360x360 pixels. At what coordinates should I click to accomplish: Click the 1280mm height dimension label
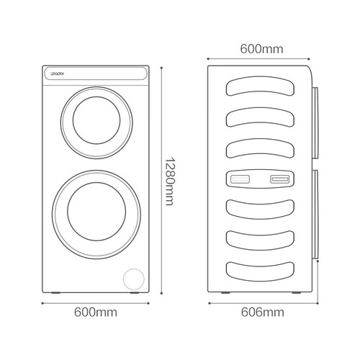tap(169, 181)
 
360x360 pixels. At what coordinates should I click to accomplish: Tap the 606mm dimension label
tap(263, 312)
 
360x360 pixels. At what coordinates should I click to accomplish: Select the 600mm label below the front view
tap(96, 312)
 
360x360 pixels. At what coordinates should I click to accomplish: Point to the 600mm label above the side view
tap(262, 49)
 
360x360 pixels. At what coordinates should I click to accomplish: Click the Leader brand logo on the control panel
tap(57, 73)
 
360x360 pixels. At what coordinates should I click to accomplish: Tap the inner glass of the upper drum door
tap(96, 120)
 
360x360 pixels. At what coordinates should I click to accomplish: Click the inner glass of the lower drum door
tap(96, 212)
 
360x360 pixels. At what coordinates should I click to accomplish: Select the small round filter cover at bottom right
tap(134, 279)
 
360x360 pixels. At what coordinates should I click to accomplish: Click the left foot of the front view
tap(56, 293)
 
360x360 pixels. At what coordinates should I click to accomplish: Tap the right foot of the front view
tap(135, 293)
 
